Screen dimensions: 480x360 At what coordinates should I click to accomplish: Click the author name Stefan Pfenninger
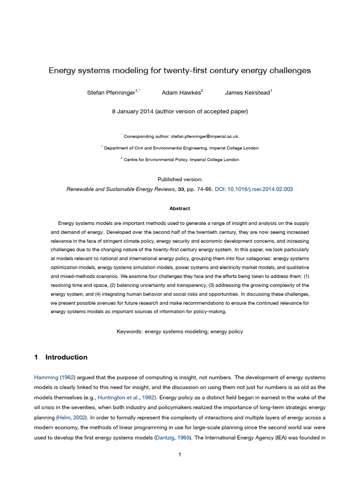tap(111, 93)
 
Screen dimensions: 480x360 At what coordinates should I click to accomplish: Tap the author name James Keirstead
tap(247, 93)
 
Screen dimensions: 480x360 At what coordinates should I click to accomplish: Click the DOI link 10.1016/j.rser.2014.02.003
tap(254, 189)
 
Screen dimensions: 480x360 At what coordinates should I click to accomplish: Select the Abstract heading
tap(180, 209)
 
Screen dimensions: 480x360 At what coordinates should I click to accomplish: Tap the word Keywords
tap(129, 331)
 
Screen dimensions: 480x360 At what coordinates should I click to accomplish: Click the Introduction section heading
tap(66, 357)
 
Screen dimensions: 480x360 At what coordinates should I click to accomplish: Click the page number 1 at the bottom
tap(180, 455)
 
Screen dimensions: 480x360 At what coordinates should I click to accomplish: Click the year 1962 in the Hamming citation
tap(69, 377)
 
